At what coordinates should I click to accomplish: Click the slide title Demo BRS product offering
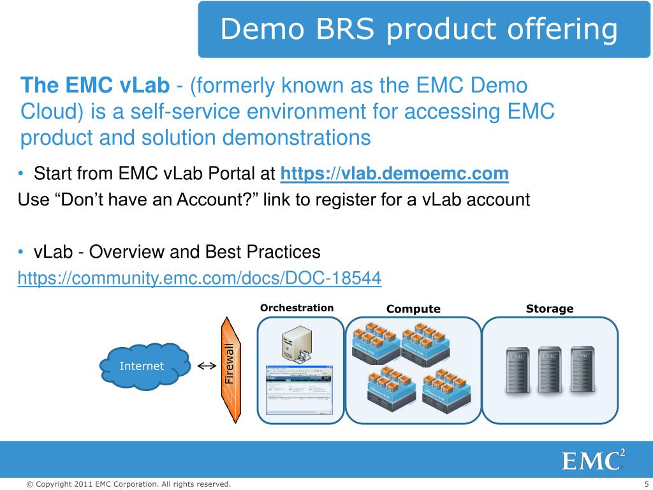click(x=419, y=30)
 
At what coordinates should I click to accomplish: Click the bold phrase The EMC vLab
click(x=95, y=85)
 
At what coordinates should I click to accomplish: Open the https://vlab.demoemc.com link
click(x=395, y=174)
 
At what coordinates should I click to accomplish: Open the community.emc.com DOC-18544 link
click(x=199, y=278)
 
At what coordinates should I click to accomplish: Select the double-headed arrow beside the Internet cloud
click(x=205, y=366)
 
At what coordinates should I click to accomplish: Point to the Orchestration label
click(x=297, y=308)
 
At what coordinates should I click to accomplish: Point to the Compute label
click(x=413, y=309)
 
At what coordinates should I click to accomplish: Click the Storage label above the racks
click(x=549, y=309)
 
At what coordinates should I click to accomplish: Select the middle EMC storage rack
click(x=548, y=370)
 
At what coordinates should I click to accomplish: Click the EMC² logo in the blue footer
click(x=592, y=460)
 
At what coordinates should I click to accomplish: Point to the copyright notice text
click(x=128, y=484)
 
